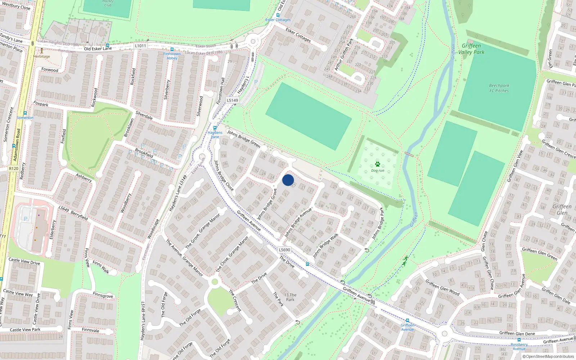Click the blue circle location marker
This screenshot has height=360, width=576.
point(288,180)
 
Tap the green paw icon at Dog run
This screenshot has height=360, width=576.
point(377,164)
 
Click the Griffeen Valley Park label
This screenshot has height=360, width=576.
point(471,49)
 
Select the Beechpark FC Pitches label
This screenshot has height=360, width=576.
point(499,88)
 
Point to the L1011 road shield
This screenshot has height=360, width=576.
point(141,46)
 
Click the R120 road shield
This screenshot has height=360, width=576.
point(14,168)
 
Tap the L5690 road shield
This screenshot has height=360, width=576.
point(284,249)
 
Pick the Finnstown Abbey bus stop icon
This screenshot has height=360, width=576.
point(172,49)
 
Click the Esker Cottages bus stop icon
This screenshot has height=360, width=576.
point(278,15)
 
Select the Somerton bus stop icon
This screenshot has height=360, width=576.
point(25,113)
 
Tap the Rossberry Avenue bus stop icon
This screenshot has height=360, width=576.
point(519,340)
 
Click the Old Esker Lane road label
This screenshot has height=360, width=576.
point(98,49)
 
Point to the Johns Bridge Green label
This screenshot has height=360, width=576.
point(243,139)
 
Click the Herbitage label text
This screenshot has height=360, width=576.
point(42,57)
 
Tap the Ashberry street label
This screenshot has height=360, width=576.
point(84,177)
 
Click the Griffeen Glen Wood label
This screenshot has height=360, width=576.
point(442,287)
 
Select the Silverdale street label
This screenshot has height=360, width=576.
point(144,115)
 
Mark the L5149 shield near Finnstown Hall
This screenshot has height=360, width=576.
point(232,100)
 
